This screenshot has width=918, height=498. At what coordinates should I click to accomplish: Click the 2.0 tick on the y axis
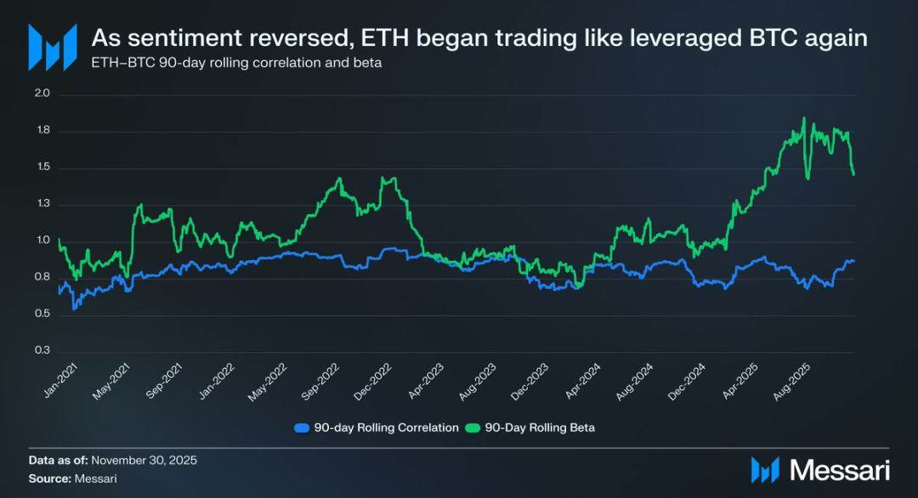(43, 94)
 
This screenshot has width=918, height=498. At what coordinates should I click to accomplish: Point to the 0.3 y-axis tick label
(43, 351)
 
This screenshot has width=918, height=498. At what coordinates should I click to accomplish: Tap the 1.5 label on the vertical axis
(43, 167)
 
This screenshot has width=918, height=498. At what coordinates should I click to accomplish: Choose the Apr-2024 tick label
(585, 379)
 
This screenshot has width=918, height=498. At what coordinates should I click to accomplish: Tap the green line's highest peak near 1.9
(803, 119)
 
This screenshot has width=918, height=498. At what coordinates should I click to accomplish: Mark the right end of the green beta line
(853, 175)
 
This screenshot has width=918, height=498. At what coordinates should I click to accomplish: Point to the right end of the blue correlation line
(853, 261)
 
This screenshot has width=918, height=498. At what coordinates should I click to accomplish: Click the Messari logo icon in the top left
(52, 47)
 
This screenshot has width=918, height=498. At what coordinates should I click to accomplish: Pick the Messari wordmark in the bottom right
(838, 470)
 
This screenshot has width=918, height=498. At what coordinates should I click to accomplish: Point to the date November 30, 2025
(144, 460)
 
